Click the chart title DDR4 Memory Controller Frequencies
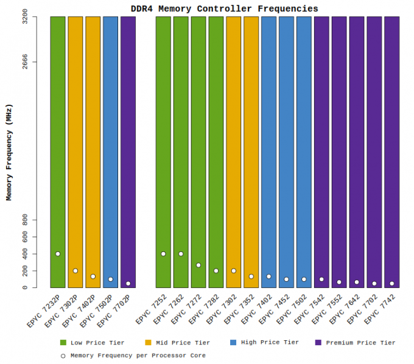(224, 9)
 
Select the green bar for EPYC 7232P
(57, 152)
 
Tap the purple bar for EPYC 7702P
(128, 152)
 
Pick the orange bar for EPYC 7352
(251, 152)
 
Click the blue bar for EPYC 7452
(286, 152)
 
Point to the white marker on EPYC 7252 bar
(163, 254)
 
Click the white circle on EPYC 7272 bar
(198, 265)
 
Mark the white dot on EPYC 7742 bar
(392, 284)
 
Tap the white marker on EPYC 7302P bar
(75, 271)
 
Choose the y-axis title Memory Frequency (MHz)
(9, 152)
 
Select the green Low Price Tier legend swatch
(63, 343)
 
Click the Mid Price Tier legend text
(183, 343)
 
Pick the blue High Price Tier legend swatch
(234, 343)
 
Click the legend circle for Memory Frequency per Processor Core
(63, 355)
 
